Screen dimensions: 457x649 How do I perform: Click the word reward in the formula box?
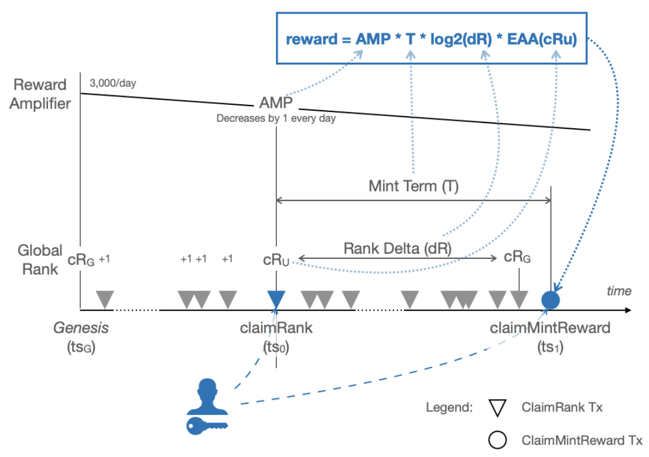point(309,40)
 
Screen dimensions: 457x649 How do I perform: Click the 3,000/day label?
point(112,83)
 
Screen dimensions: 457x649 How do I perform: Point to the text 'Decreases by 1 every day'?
point(276,118)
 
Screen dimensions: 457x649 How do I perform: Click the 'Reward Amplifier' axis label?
point(41,94)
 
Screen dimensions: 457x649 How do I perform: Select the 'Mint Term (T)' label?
point(414,186)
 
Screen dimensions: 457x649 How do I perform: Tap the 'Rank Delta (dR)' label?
point(397,248)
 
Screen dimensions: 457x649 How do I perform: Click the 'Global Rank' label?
point(40,260)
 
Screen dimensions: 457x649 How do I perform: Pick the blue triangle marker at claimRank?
point(276,299)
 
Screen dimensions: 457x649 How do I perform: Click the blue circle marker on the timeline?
point(551,299)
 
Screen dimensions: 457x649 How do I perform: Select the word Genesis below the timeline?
point(81,328)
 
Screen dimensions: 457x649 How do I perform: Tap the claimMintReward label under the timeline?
point(550,328)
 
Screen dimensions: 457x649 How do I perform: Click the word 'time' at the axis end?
point(619,291)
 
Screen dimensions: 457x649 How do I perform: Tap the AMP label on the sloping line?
point(276,104)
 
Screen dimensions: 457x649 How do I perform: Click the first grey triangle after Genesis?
point(105,299)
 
